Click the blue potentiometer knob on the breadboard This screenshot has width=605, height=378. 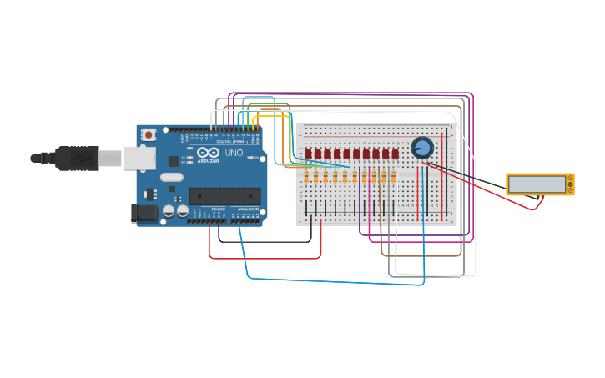click(422, 148)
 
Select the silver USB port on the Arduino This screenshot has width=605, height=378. click(139, 158)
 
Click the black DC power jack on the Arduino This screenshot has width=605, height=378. click(144, 214)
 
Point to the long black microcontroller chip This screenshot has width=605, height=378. click(224, 196)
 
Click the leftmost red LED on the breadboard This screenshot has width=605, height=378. click(308, 154)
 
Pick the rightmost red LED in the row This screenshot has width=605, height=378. click(395, 154)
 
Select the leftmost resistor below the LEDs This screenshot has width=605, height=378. click(306, 177)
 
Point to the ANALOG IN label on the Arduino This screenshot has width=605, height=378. click(249, 209)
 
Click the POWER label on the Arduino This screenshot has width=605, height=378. click(218, 209)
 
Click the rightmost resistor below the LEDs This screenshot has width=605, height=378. click(393, 177)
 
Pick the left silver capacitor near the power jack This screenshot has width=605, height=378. click(169, 212)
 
